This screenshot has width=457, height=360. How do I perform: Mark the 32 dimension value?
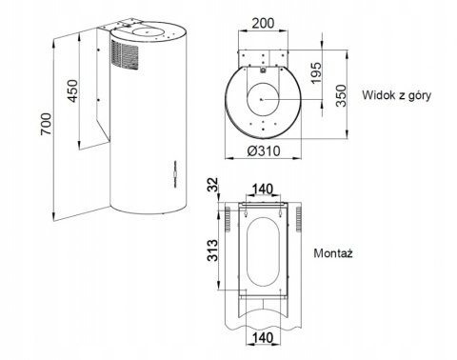[x=216, y=184]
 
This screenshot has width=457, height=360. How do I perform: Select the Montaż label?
[x=333, y=254]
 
